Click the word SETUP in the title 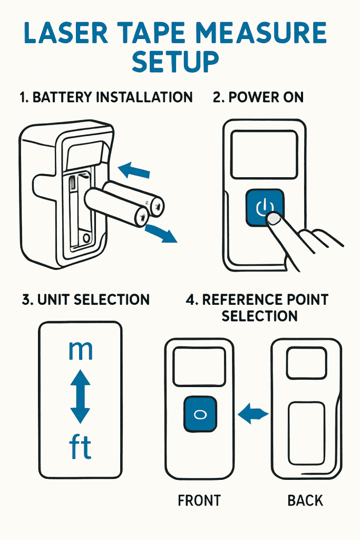coord(176,62)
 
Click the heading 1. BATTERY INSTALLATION coord(105,98)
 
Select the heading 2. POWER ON coord(258,98)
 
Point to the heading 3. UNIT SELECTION coord(86,300)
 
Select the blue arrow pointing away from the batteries coord(161,233)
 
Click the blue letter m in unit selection coord(81,350)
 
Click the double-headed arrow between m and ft coord(80,397)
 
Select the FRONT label coord(199,500)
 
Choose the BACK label coord(305,500)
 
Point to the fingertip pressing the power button coord(273,219)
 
